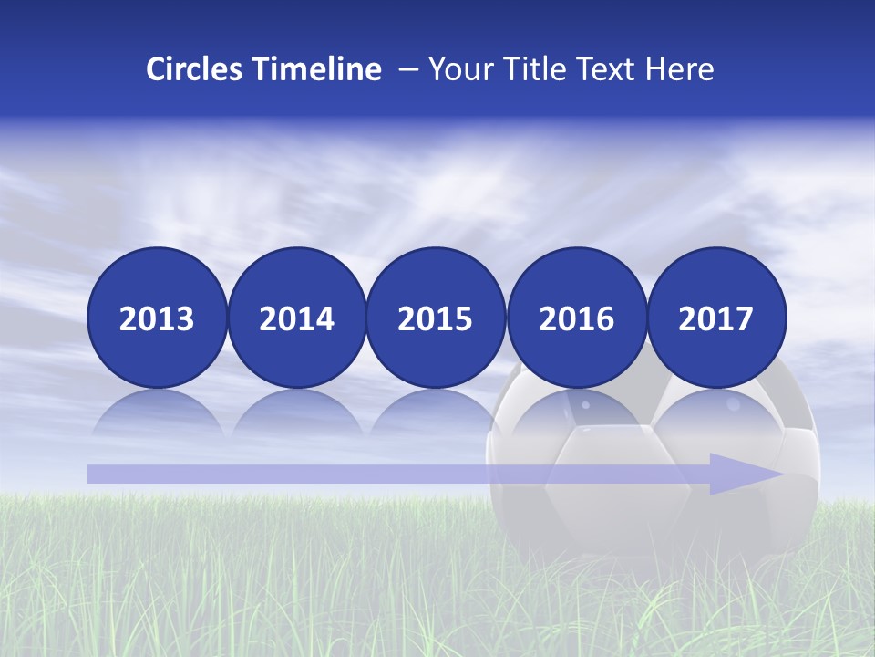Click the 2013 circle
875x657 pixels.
(157, 318)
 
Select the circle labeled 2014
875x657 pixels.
(296, 318)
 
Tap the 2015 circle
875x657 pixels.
(436, 318)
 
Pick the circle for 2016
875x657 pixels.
(576, 318)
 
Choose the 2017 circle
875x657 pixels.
(716, 318)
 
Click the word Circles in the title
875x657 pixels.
(196, 69)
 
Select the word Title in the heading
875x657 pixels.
(531, 69)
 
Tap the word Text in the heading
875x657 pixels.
(606, 69)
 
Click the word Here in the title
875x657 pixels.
(679, 69)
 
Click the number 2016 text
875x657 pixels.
(576, 318)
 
